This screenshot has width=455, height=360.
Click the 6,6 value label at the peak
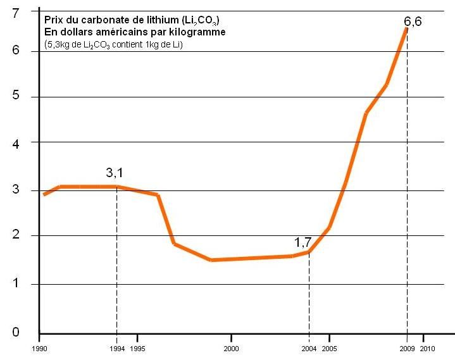pos(413,22)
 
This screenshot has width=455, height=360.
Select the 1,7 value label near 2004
pos(302,241)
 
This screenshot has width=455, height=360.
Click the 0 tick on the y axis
pos(16,332)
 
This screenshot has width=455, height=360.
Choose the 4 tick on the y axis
pos(16,143)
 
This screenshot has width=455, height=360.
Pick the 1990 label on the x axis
pos(39,348)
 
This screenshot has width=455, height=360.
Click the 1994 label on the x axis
pos(116,348)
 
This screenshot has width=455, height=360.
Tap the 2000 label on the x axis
pos(232,348)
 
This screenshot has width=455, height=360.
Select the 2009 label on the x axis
pos(406,348)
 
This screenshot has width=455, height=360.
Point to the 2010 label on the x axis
pos(428,348)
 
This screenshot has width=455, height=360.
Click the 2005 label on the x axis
pos(329,348)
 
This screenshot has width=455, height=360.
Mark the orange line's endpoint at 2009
pos(406,29)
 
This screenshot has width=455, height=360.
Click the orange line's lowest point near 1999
pos(211,259)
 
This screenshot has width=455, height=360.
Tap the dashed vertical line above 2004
pos(309,291)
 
